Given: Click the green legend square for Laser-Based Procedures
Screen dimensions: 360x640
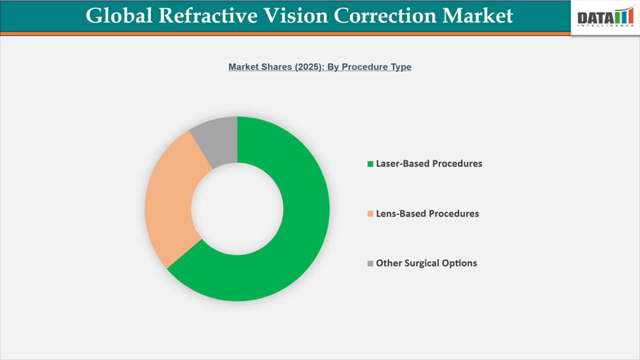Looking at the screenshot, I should pyautogui.click(x=370, y=164).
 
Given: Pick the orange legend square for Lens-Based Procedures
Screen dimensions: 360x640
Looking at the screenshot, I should pyautogui.click(x=370, y=214).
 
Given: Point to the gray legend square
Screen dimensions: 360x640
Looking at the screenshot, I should pyautogui.click(x=370, y=263).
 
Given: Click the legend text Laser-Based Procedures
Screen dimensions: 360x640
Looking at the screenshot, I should pyautogui.click(x=429, y=164).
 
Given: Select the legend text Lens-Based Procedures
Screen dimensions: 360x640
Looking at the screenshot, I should pyautogui.click(x=427, y=214).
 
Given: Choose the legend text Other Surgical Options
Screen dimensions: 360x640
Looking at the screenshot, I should pyautogui.click(x=426, y=263).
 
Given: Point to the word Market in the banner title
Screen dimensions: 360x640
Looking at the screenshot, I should pyautogui.click(x=483, y=16).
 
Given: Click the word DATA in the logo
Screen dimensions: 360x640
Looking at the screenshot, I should pyautogui.click(x=595, y=18).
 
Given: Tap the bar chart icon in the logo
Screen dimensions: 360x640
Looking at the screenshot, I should pyautogui.click(x=624, y=16).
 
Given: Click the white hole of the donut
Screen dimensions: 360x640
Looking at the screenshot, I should pyautogui.click(x=237, y=208).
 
